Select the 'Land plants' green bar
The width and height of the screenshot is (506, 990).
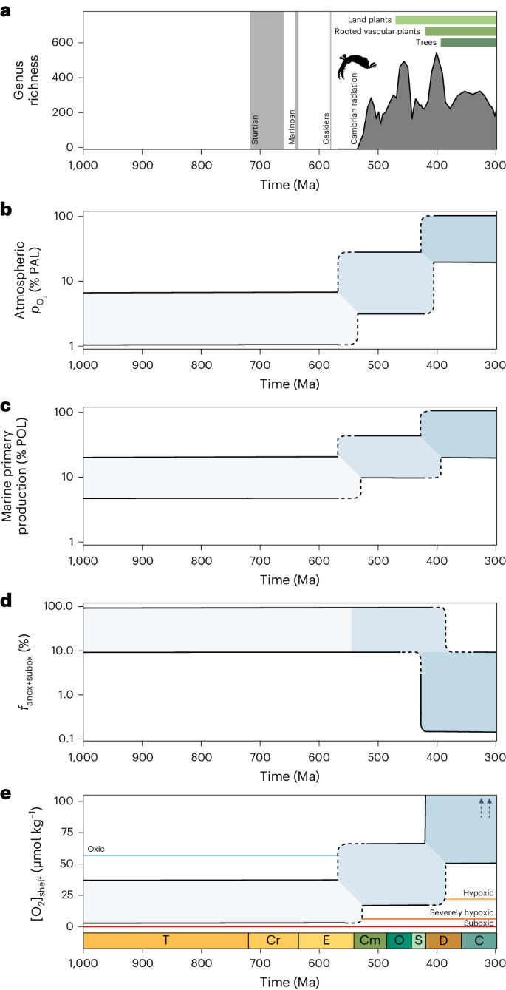tap(445, 20)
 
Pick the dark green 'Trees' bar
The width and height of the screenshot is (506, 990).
tap(468, 43)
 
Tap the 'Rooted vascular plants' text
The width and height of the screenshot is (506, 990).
tap(377, 32)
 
